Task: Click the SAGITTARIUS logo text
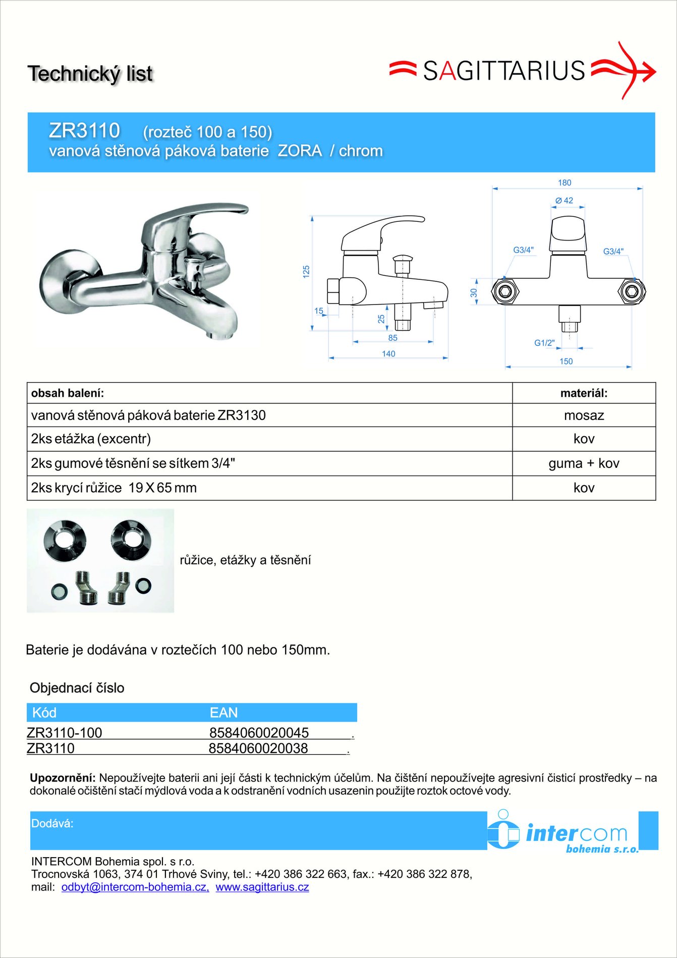503,71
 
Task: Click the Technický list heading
90,74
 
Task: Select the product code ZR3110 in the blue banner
84,131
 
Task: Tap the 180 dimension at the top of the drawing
565,183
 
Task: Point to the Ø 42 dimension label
565,200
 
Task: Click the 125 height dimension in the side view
306,272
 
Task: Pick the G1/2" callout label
544,343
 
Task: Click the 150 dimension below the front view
566,361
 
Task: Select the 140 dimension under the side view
388,353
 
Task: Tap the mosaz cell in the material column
584,415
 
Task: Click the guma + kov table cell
584,463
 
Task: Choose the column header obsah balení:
68,393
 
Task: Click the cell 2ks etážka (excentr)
91,439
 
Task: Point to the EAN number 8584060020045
259,732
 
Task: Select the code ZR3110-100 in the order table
64,732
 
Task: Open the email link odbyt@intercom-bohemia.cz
135,887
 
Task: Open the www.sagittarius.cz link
262,887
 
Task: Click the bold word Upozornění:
63,778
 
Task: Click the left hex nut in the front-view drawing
504,291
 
